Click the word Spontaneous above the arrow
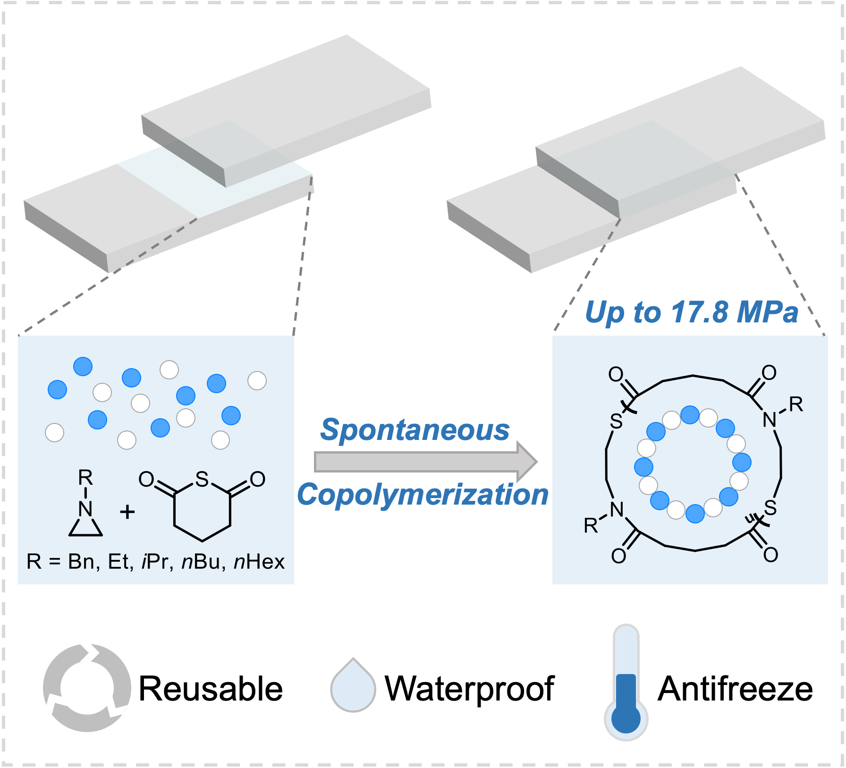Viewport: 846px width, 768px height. (x=415, y=430)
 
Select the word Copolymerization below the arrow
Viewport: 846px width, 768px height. (x=423, y=495)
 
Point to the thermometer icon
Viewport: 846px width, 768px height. (x=626, y=684)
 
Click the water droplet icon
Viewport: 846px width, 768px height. (x=353, y=687)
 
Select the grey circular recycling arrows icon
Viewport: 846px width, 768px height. (x=87, y=687)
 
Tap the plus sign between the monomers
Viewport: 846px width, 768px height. (x=127, y=512)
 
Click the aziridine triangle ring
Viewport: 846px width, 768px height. (x=85, y=528)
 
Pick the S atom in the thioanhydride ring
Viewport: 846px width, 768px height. (x=202, y=480)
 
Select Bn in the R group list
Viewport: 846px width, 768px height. (x=82, y=562)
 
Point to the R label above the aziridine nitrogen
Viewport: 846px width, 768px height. (x=85, y=478)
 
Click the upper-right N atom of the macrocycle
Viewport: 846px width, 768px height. (x=770, y=419)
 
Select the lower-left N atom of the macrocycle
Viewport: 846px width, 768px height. (x=617, y=510)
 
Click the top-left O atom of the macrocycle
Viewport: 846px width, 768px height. (x=616, y=374)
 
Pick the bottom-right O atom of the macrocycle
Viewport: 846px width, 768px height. (x=770, y=554)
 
